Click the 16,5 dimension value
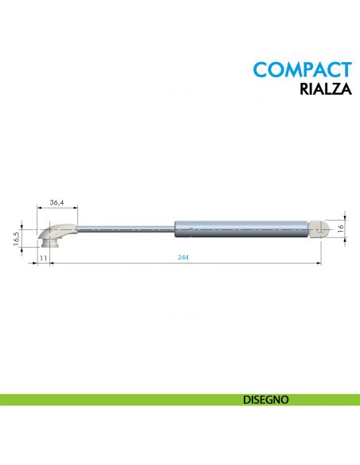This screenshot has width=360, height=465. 16,239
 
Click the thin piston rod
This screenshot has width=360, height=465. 127,228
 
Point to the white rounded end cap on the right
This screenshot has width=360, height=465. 319,229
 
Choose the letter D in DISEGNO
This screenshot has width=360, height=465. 246,400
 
